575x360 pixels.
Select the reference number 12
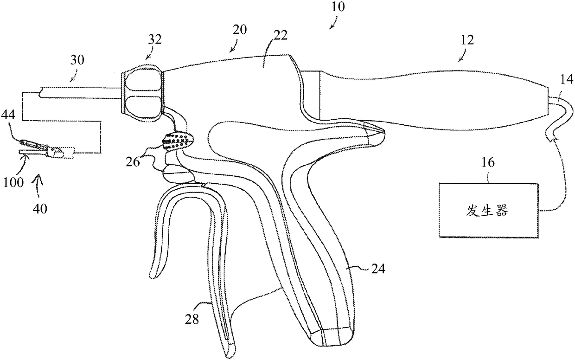tap(467, 40)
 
